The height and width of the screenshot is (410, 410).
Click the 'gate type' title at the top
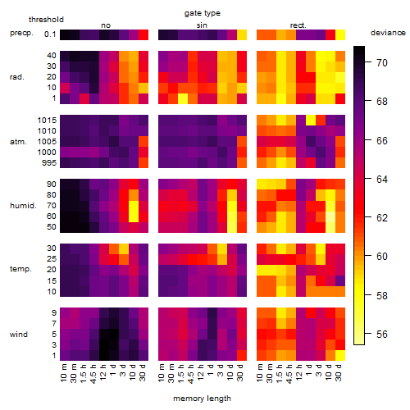click(x=203, y=13)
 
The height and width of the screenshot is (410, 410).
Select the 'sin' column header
click(x=202, y=25)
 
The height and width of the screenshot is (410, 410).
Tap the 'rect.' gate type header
click(x=298, y=25)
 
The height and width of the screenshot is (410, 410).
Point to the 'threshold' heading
click(x=46, y=20)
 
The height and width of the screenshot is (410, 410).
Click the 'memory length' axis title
click(x=203, y=399)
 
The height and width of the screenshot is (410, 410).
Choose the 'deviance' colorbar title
click(x=388, y=33)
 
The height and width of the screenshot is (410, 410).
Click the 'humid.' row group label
click(x=23, y=206)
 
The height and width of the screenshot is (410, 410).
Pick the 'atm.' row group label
click(x=18, y=142)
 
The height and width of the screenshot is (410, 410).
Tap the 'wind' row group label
click(x=19, y=335)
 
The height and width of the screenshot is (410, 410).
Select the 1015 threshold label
click(x=47, y=121)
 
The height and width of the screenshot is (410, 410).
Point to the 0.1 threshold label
click(x=50, y=34)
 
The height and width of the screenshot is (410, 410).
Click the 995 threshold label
click(x=49, y=163)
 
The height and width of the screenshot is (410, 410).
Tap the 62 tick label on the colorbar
click(x=382, y=218)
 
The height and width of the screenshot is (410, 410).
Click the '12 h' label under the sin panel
click(x=201, y=372)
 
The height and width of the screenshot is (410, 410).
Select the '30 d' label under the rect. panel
click(x=339, y=372)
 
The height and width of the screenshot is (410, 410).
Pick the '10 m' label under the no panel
click(x=63, y=373)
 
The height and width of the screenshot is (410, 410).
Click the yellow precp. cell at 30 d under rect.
click(x=340, y=34)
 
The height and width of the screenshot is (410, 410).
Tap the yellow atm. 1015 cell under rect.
click(x=311, y=120)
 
